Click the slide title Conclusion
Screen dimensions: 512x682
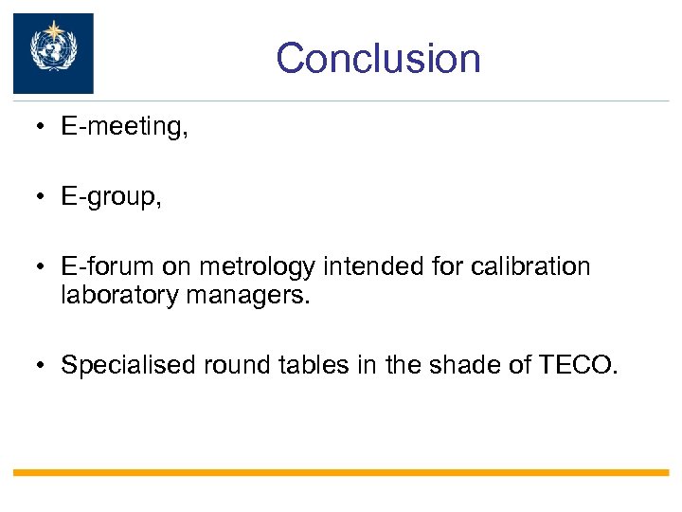tap(378, 58)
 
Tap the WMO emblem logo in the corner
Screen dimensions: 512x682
tap(53, 53)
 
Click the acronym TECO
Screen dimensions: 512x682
tap(578, 365)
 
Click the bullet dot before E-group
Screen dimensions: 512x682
tap(44, 198)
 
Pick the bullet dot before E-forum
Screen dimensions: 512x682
tap(44, 267)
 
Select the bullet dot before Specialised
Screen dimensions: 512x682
tap(44, 366)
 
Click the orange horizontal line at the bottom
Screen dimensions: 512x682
tap(341, 472)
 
